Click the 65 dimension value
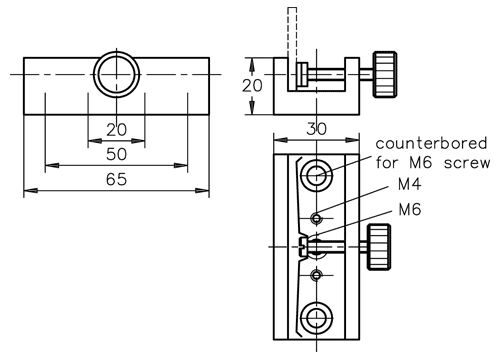pos(116,179)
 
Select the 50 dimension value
pos(116,154)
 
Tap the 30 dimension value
pos(316,129)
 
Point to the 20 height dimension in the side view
pos(252,86)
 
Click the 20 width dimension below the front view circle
pos(116,130)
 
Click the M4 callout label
pos(410,184)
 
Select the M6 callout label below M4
pos(410,209)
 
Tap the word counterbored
pos(431,143)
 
